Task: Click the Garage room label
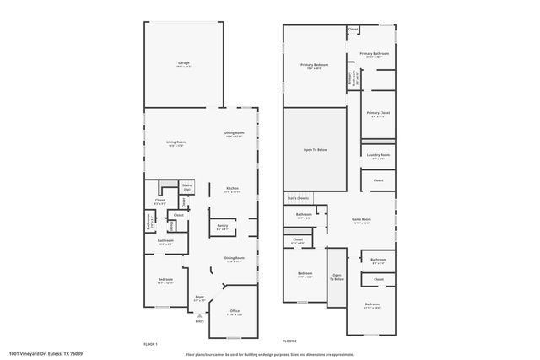click(183, 63)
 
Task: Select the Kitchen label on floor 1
click(232, 188)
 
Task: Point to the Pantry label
click(223, 225)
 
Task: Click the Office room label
click(235, 311)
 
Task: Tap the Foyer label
click(200, 297)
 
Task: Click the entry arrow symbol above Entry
click(200, 314)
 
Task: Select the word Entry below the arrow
click(200, 321)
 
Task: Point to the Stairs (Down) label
click(298, 197)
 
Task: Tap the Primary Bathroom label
click(374, 54)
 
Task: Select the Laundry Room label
click(378, 154)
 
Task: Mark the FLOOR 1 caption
click(150, 343)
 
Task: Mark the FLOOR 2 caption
click(289, 341)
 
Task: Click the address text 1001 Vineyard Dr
click(50, 354)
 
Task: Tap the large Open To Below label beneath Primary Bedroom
click(315, 150)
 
